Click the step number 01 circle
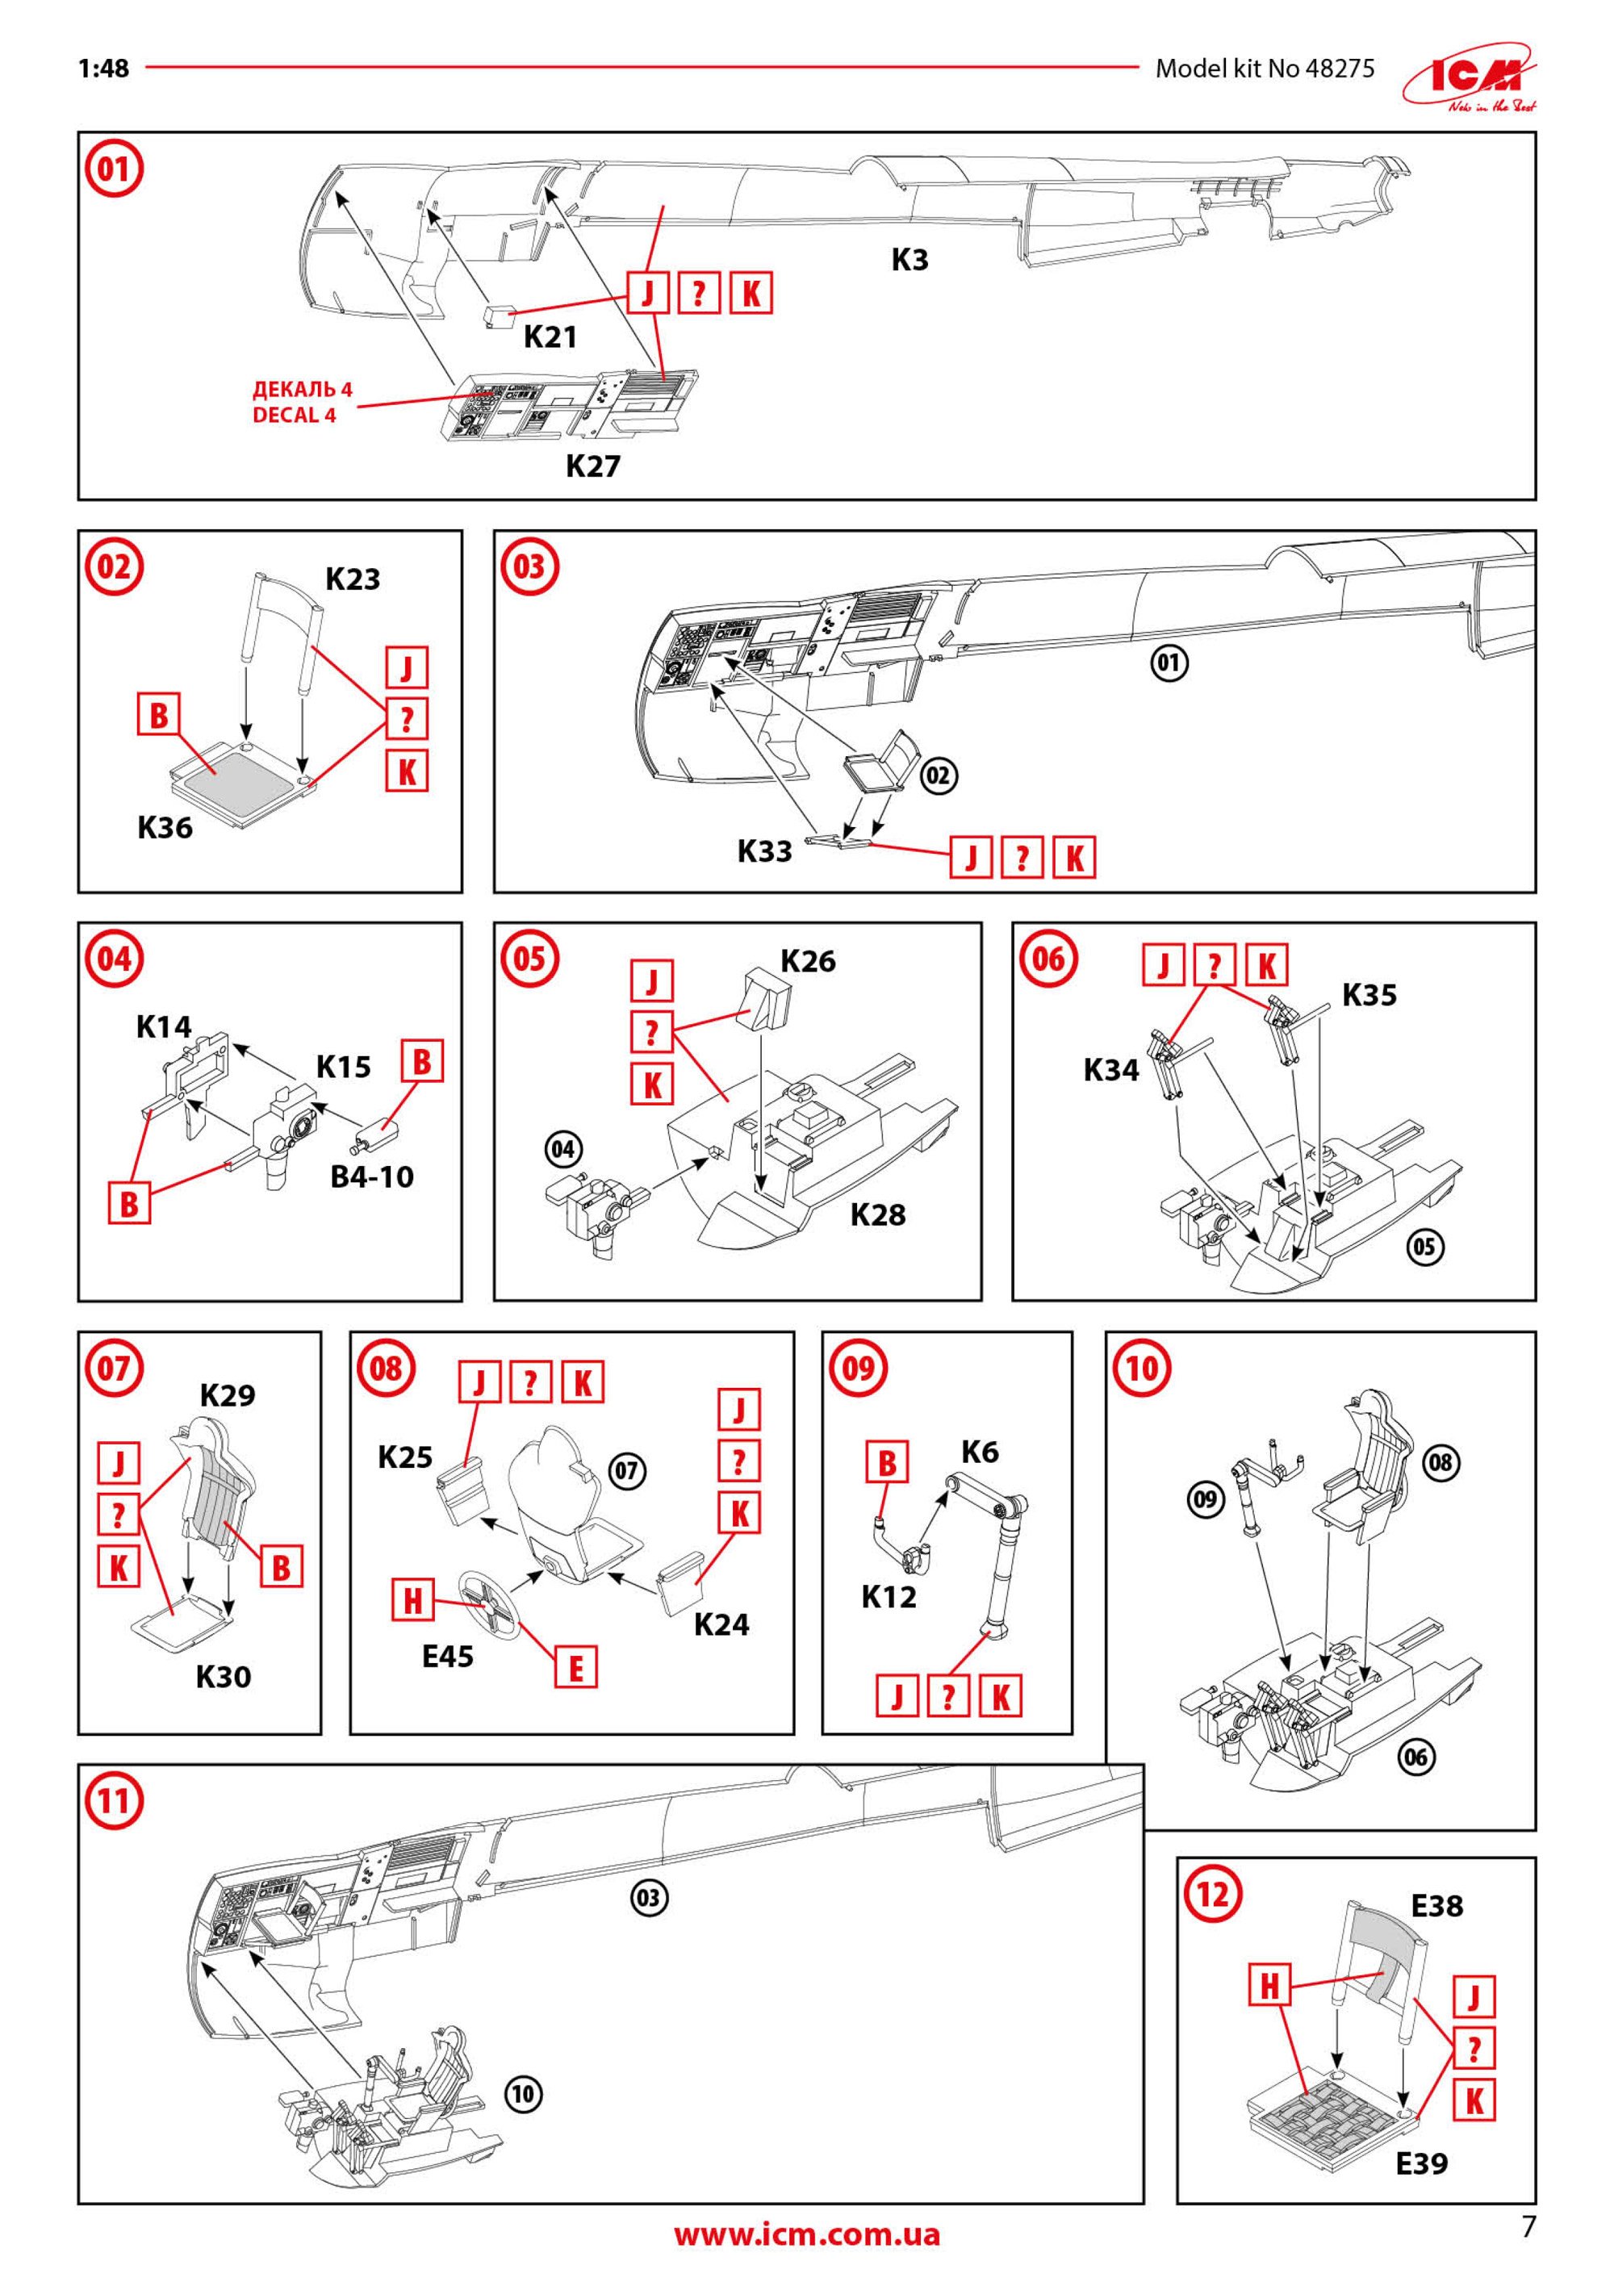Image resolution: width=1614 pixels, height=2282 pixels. click(x=115, y=169)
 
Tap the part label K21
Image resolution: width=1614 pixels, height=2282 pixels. click(x=550, y=337)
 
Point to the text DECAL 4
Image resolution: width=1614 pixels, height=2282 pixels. click(x=295, y=416)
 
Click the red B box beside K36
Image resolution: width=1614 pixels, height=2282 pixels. click(x=159, y=715)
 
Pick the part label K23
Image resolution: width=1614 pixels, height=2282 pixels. click(x=353, y=579)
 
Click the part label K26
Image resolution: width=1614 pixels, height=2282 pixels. click(x=808, y=961)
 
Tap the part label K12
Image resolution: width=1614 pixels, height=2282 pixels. click(x=889, y=1597)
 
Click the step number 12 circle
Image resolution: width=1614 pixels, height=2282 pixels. click(x=1212, y=1895)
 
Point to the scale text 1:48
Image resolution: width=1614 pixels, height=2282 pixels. click(x=103, y=68)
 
